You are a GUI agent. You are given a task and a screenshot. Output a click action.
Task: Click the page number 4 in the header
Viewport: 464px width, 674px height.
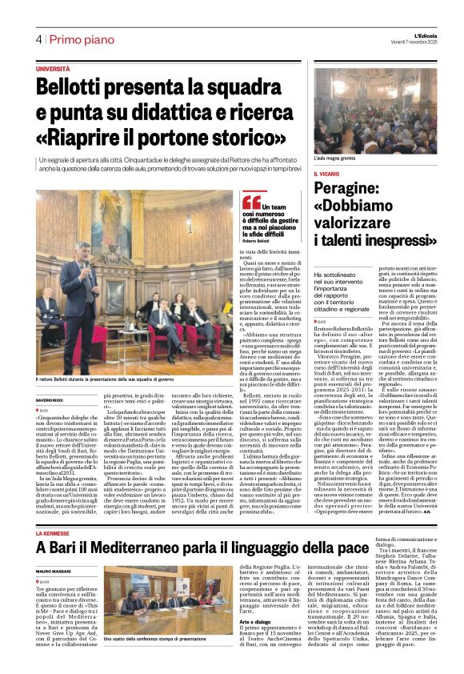coord(38,39)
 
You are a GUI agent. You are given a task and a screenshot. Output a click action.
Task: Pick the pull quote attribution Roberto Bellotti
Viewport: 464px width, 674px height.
coord(258,240)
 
